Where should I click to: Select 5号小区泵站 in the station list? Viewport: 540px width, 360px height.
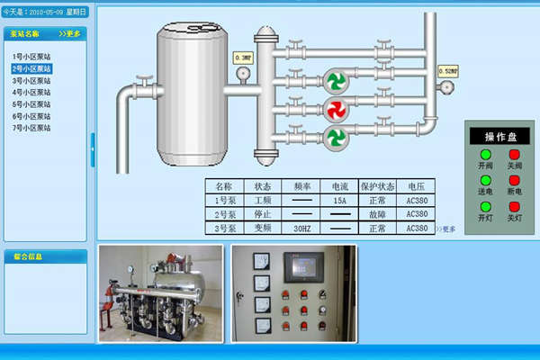point(31,103)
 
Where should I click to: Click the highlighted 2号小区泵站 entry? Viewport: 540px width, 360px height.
point(31,68)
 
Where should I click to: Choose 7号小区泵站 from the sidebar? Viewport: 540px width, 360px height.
point(31,127)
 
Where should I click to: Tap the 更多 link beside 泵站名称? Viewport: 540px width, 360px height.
point(69,33)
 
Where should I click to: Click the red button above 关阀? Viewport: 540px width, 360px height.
point(515,155)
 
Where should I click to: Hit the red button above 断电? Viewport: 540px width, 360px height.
point(515,181)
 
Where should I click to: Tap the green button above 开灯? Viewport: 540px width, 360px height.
point(486,207)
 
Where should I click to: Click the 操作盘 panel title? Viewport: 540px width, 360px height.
point(500,137)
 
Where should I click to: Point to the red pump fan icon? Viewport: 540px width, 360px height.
point(336,109)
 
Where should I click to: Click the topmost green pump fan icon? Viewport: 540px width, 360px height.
point(336,81)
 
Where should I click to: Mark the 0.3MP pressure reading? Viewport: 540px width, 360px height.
point(243,58)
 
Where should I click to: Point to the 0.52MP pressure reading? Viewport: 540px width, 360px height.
point(447,69)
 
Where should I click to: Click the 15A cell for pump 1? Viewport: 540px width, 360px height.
point(339,201)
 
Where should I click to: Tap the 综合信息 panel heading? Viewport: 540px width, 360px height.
point(28,256)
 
